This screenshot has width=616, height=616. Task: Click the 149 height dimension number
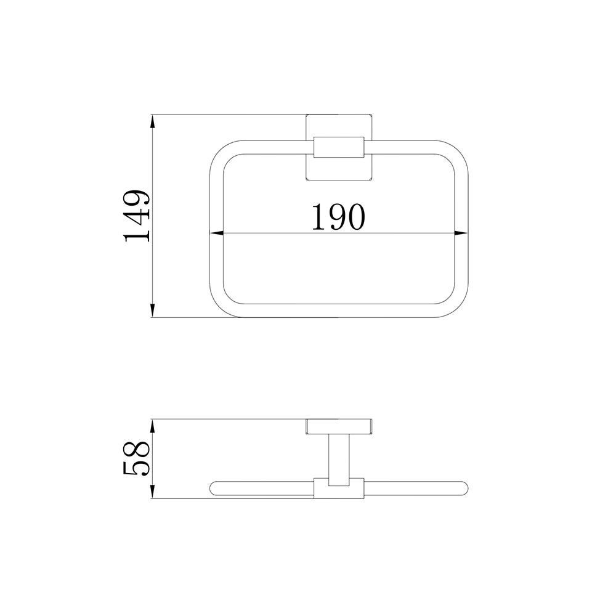pyautogui.click(x=136, y=216)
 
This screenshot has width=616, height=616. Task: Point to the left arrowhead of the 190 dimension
pyautogui.click(x=216, y=233)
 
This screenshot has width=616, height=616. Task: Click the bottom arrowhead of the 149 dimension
pyautogui.click(x=152, y=310)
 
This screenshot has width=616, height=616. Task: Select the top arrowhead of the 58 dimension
pyautogui.click(x=152, y=426)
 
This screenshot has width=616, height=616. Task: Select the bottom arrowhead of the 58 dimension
pyautogui.click(x=152, y=492)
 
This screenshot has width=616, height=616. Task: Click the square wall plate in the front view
pyautogui.click(x=339, y=147)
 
